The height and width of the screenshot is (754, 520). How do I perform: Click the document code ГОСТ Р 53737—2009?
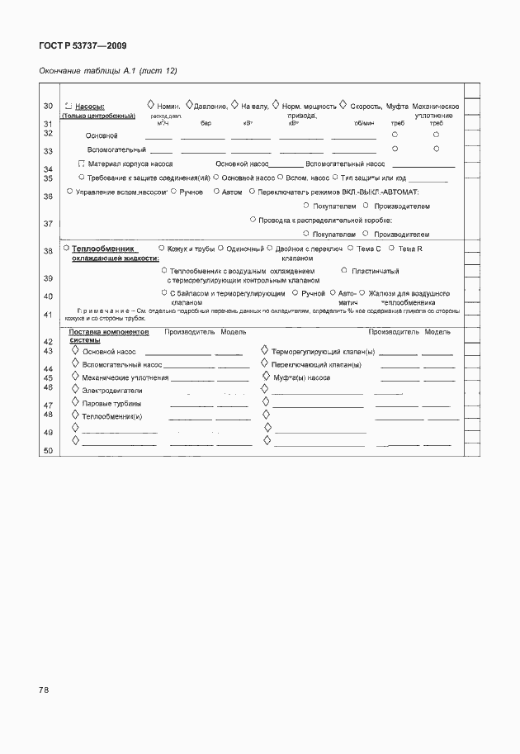(x=83, y=47)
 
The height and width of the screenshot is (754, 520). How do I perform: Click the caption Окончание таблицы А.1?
(x=108, y=71)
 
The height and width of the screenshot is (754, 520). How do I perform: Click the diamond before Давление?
(x=189, y=105)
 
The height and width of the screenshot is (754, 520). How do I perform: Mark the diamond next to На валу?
(x=234, y=105)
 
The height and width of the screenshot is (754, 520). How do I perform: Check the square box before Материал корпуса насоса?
(x=81, y=164)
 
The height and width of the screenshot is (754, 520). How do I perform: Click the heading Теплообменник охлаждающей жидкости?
(x=105, y=253)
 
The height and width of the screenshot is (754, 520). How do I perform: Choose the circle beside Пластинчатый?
(x=343, y=270)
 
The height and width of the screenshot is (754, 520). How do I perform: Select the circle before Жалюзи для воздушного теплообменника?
(x=362, y=292)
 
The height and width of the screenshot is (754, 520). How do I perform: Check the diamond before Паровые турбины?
(x=75, y=402)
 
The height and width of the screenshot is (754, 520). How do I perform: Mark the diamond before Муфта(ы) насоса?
(x=265, y=376)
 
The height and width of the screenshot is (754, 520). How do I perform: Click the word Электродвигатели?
(x=112, y=390)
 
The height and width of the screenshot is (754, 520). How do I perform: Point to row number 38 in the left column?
(x=48, y=251)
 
